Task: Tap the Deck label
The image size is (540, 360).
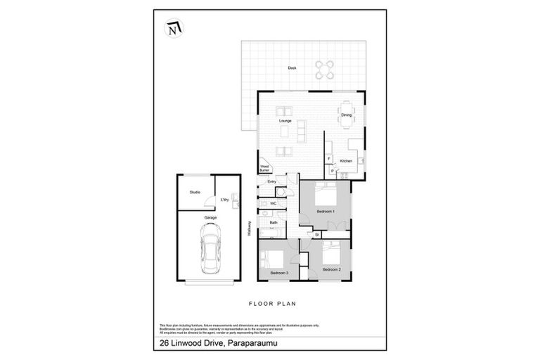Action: tap(292, 67)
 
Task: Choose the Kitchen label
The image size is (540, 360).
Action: tap(346, 161)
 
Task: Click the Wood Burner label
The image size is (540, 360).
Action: tap(265, 168)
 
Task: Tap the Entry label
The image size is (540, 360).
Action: tap(272, 181)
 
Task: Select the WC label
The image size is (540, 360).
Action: tap(272, 203)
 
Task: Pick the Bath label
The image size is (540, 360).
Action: tap(273, 223)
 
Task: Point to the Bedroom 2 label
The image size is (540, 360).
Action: tap(331, 269)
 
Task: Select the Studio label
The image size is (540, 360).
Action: tap(195, 192)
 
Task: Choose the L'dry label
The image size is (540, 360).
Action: tap(225, 200)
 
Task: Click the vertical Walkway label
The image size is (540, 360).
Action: tap(250, 229)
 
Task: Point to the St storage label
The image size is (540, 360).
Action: tap(317, 233)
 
